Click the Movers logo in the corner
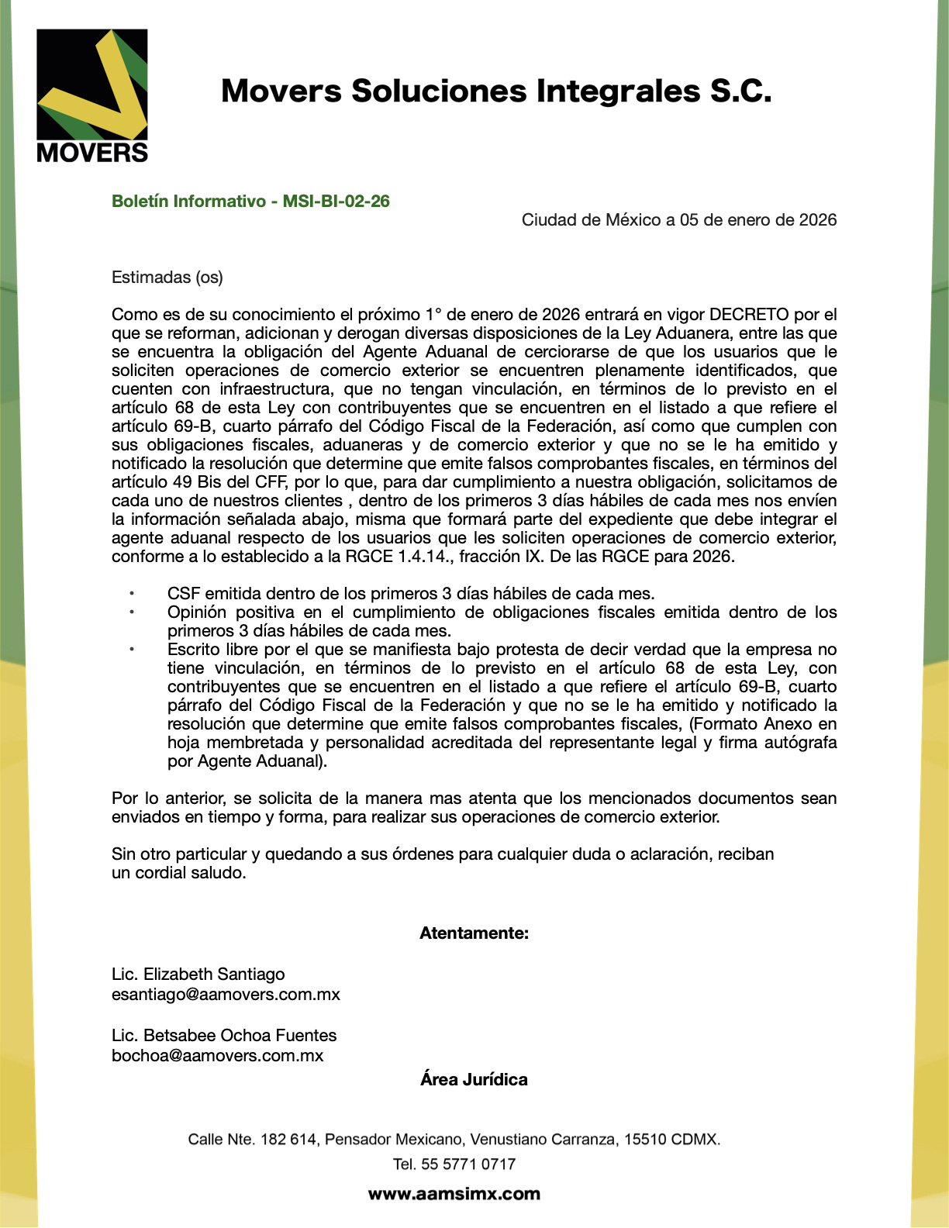92,96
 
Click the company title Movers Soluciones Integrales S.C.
496,91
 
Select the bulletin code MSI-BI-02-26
336,202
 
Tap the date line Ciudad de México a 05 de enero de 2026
678,220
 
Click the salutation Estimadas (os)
167,278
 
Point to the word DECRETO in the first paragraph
749,315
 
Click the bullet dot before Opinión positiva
132,612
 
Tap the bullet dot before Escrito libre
132,650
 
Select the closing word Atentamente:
474,933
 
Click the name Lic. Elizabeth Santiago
198,974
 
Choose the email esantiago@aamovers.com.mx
226,995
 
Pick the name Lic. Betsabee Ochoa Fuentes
224,1036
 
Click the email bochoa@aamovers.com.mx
218,1056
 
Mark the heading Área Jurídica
474,1080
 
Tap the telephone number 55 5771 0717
468,1164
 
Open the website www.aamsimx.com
454,1195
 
